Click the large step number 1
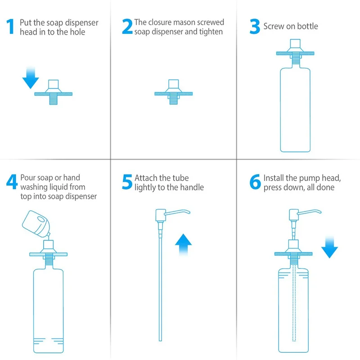pos(10,27)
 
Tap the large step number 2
pos(127,27)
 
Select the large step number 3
pos(255,27)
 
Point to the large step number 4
pos(12,182)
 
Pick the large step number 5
pos(127,182)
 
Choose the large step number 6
pos(255,182)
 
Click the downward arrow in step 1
pos(31,77)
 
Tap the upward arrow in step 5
pos(183,244)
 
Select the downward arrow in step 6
pos(329,247)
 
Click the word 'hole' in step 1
pos(77,32)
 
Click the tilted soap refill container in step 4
pos(36,224)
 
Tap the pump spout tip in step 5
pos(189,212)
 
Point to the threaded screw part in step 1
pos(53,99)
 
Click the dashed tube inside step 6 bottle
pos(294,302)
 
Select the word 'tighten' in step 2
pos(211,32)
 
